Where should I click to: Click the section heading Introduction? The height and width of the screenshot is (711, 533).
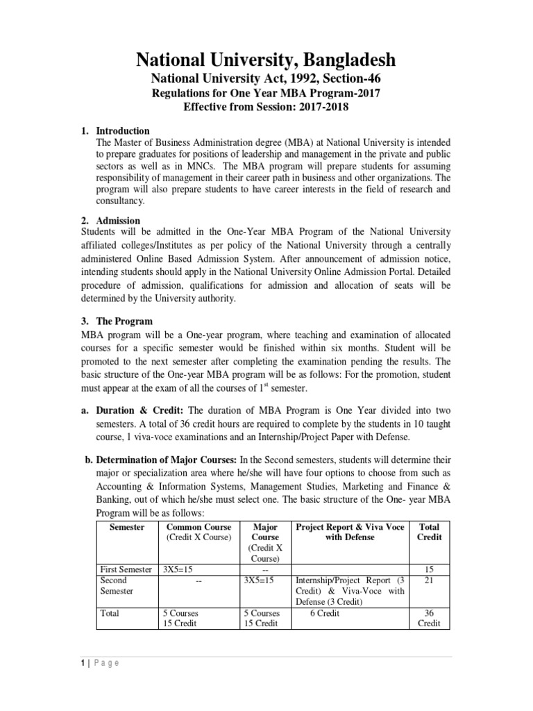(123, 131)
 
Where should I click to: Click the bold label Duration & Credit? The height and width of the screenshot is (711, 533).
(141, 410)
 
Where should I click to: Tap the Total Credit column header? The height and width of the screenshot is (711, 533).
(429, 532)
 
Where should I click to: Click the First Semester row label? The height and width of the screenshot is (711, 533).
(126, 569)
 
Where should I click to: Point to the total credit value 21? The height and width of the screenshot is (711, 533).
(429, 580)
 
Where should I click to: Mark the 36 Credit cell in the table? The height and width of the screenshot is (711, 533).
(429, 618)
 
